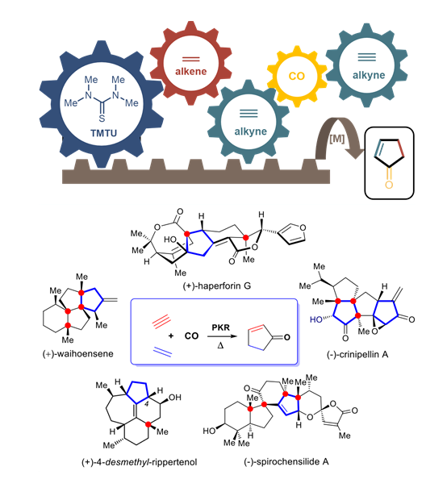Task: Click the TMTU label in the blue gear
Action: click(x=103, y=133)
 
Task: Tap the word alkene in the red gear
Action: click(x=191, y=71)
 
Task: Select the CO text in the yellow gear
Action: click(x=297, y=76)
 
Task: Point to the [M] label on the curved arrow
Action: click(x=336, y=139)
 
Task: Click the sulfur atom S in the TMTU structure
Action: click(x=102, y=119)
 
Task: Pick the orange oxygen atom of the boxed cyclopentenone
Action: click(x=389, y=185)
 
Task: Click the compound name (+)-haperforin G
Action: click(x=217, y=286)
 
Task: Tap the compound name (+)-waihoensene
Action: click(x=78, y=354)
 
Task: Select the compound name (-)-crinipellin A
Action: click(x=357, y=355)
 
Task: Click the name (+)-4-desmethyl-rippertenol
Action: click(x=140, y=462)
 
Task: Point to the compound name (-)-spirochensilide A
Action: click(x=286, y=462)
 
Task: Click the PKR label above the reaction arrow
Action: click(x=220, y=327)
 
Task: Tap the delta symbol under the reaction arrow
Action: click(x=220, y=345)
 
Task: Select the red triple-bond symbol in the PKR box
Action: click(x=161, y=322)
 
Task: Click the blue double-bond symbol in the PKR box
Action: click(x=162, y=352)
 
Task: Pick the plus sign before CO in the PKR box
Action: click(x=171, y=336)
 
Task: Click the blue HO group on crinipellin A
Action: click(x=316, y=320)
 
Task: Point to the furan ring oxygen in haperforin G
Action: click(x=303, y=227)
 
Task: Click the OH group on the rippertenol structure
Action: click(x=175, y=398)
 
